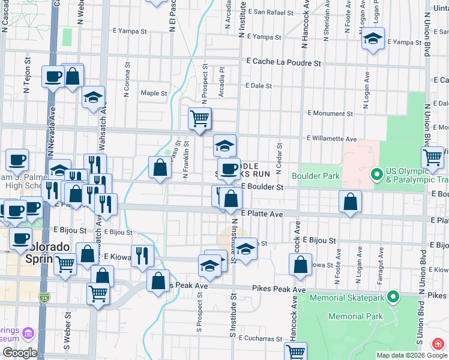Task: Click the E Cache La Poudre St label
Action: click(x=284, y=62)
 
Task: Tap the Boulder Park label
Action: click(x=316, y=176)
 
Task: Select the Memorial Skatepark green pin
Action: click(x=393, y=296)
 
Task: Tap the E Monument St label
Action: click(x=330, y=113)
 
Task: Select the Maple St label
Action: click(x=154, y=93)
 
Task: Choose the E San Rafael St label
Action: click(x=273, y=11)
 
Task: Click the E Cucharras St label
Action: click(x=261, y=338)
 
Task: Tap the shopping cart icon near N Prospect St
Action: click(x=199, y=118)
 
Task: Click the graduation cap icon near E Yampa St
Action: click(x=373, y=40)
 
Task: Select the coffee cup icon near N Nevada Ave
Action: click(x=53, y=76)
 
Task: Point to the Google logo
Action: click(x=20, y=352)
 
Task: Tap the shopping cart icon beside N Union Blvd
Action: click(x=433, y=157)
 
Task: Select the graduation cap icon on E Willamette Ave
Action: click(x=224, y=145)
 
